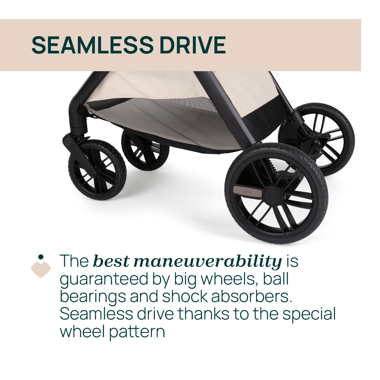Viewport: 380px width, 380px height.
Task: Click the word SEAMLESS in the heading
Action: pos(92,45)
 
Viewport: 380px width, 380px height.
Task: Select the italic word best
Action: pos(111,261)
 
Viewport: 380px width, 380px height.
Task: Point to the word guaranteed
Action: pos(104,279)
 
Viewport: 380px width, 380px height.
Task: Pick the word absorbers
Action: pos(251,296)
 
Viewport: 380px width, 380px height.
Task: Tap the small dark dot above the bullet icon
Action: pos(41,257)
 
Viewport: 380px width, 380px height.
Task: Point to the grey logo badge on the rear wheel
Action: pos(248,191)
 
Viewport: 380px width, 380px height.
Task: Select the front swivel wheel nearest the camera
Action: pos(97,170)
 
